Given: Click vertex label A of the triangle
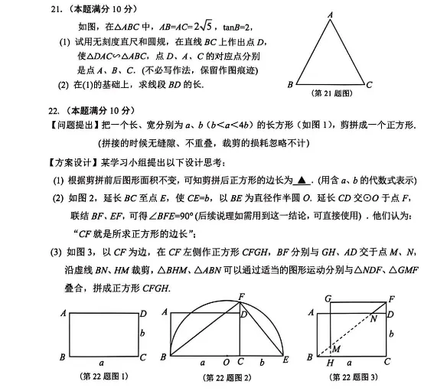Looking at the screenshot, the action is tap(331, 14).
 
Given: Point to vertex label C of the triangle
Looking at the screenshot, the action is tap(370, 84).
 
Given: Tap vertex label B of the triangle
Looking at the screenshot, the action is tap(290, 84).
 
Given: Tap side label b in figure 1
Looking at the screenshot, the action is tap(142, 333).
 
